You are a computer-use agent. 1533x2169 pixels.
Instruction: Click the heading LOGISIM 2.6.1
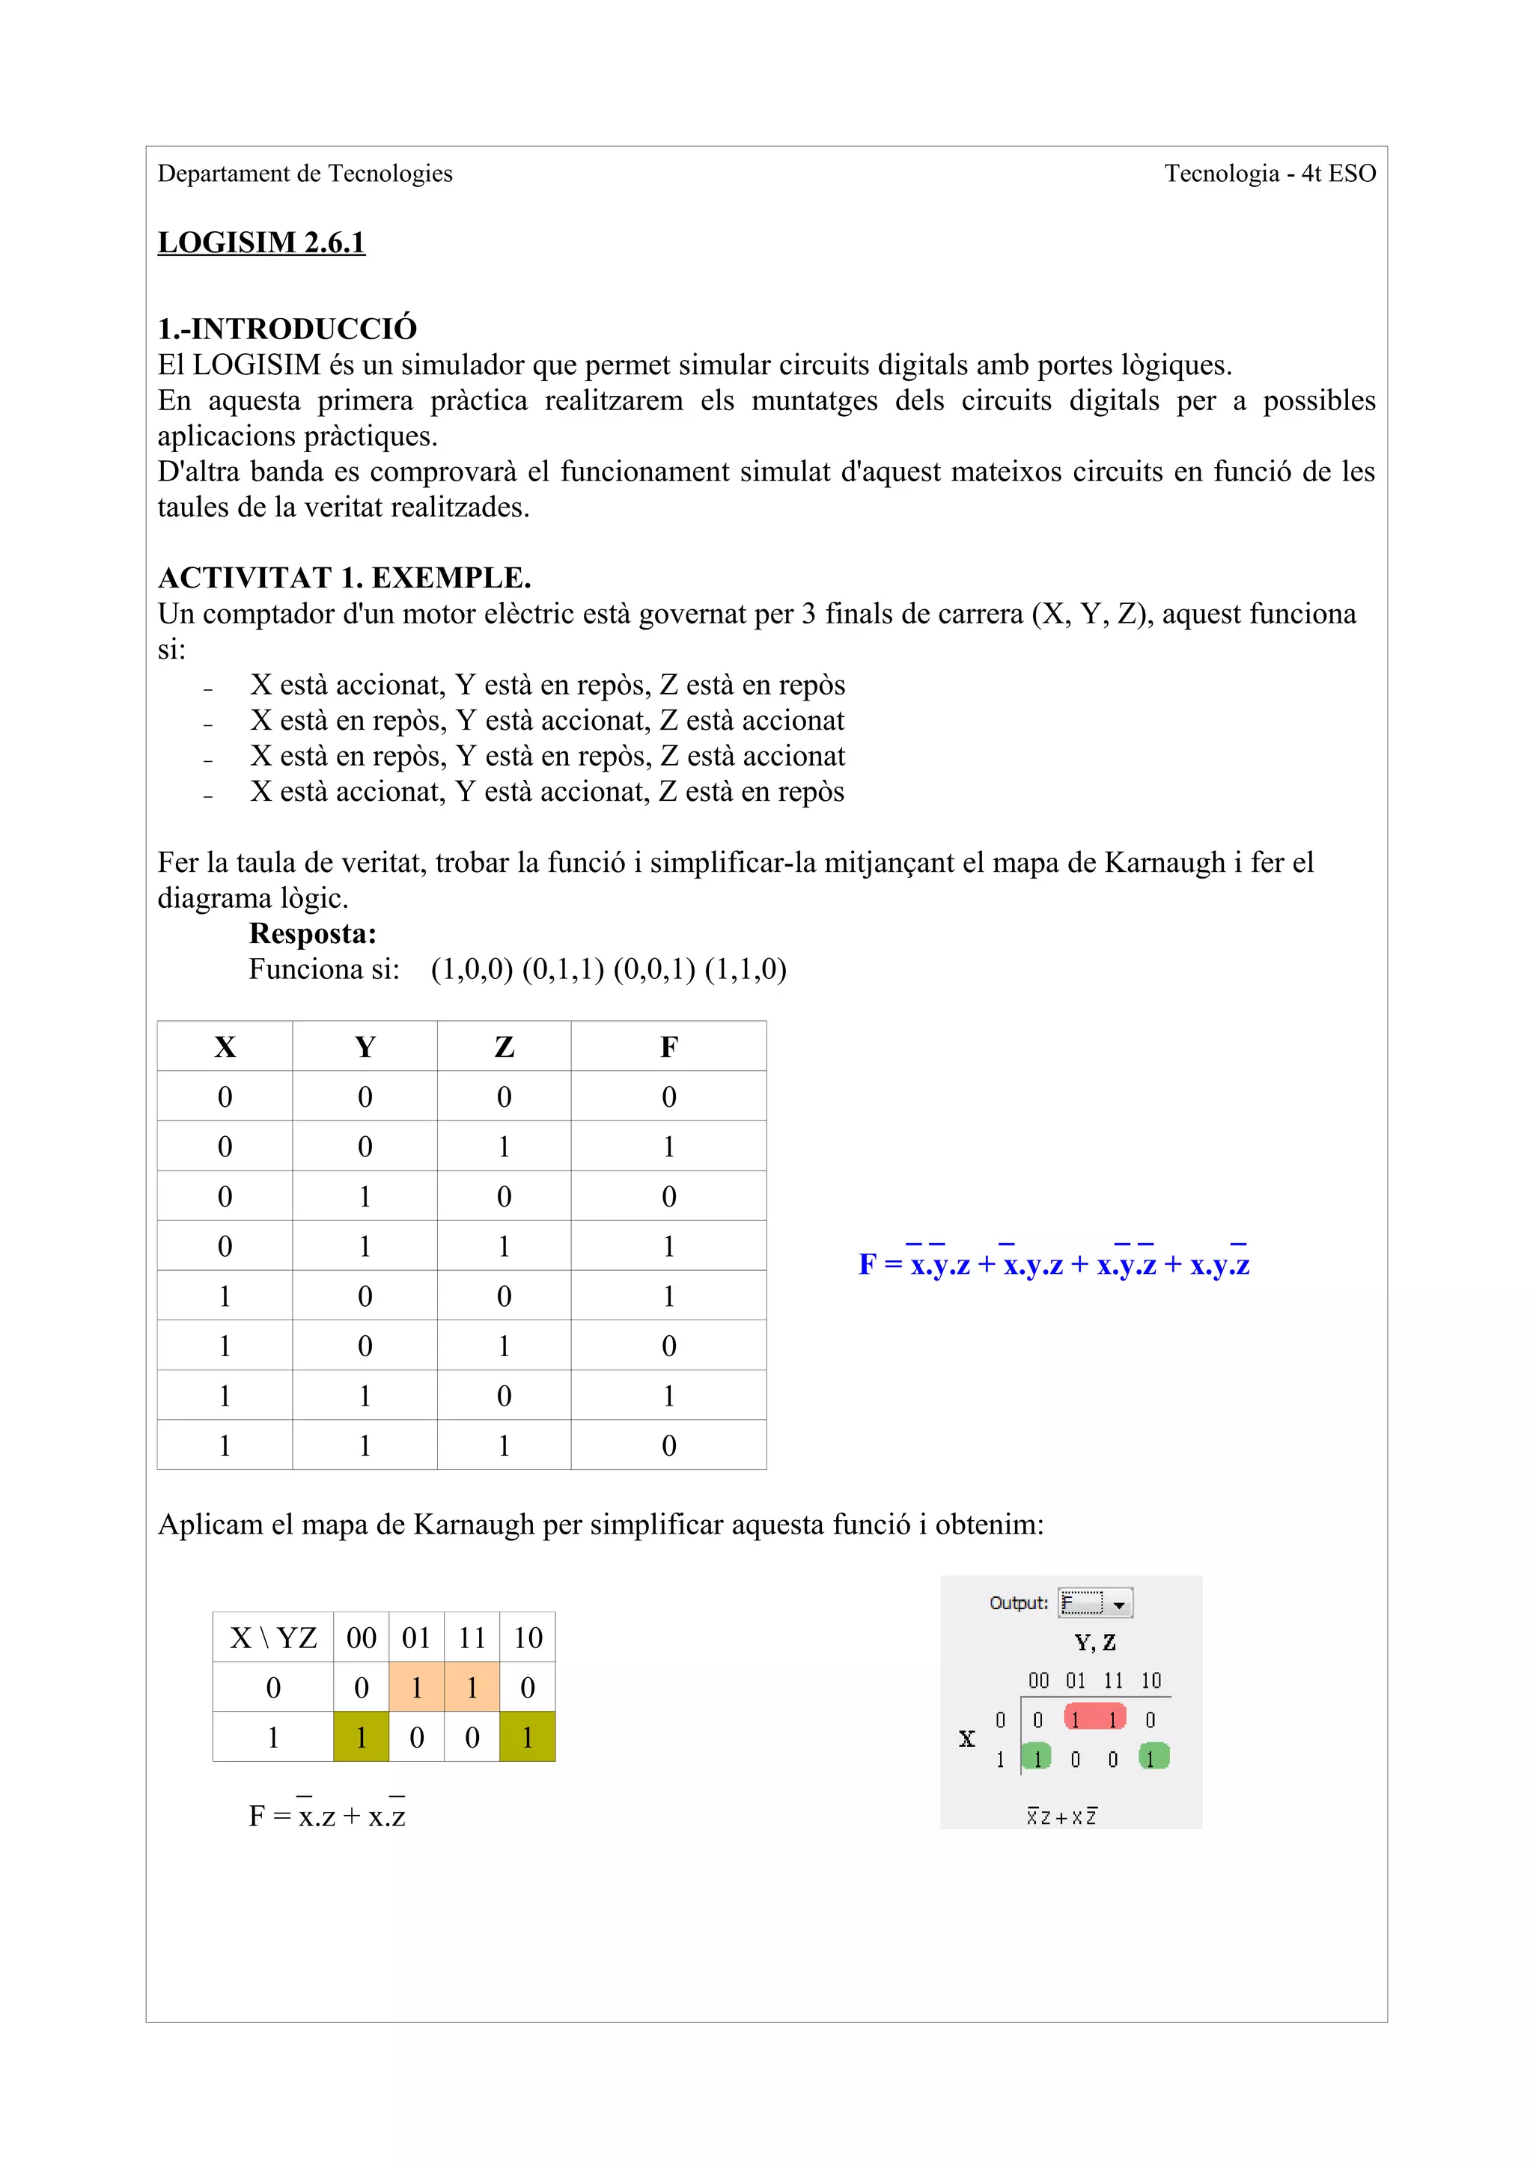pyautogui.click(x=260, y=242)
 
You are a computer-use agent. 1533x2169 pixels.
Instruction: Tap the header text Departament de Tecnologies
pyautogui.click(x=305, y=174)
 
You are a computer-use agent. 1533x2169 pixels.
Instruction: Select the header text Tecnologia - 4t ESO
pyautogui.click(x=1270, y=174)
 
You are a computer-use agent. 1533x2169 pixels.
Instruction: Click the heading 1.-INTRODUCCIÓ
pyautogui.click(x=287, y=329)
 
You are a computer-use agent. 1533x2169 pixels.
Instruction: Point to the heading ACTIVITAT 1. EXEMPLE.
pyautogui.click(x=344, y=577)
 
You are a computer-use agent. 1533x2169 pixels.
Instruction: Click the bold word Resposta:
pyautogui.click(x=313, y=933)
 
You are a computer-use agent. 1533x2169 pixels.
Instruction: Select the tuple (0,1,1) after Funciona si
pyautogui.click(x=563, y=969)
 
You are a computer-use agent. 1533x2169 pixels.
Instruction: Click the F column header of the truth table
pyautogui.click(x=668, y=1047)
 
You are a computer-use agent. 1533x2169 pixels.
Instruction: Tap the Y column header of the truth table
pyautogui.click(x=365, y=1047)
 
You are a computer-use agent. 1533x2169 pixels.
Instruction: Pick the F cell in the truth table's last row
pyautogui.click(x=668, y=1445)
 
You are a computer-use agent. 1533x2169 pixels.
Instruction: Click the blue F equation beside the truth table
pyautogui.click(x=1054, y=1264)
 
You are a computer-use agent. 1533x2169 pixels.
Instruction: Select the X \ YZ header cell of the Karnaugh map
pyautogui.click(x=273, y=1637)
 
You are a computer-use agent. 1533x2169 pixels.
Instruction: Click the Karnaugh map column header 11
pyautogui.click(x=472, y=1637)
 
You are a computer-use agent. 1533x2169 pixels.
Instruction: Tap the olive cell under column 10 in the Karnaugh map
pyautogui.click(x=528, y=1737)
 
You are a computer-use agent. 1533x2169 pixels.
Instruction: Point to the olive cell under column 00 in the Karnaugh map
pyautogui.click(x=361, y=1737)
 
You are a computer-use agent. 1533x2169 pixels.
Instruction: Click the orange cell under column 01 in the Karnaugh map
pyautogui.click(x=416, y=1687)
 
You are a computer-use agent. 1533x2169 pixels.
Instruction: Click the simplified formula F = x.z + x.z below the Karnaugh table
pyautogui.click(x=327, y=1816)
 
